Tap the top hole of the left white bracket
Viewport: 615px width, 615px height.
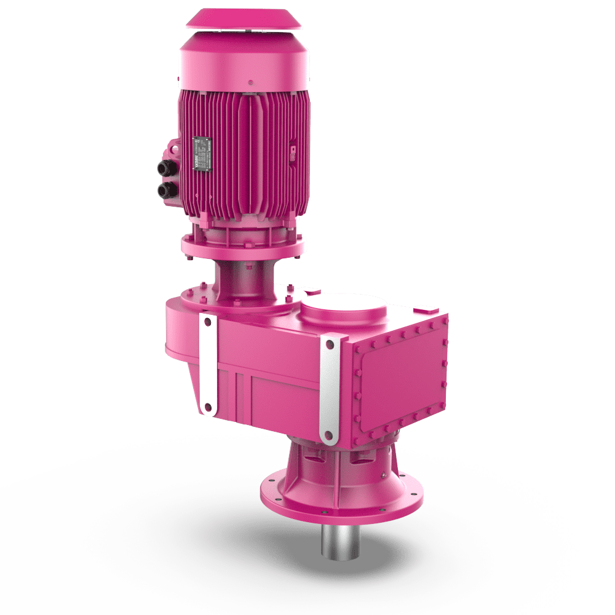tap(207, 322)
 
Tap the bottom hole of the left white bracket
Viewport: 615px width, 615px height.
tap(207, 407)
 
